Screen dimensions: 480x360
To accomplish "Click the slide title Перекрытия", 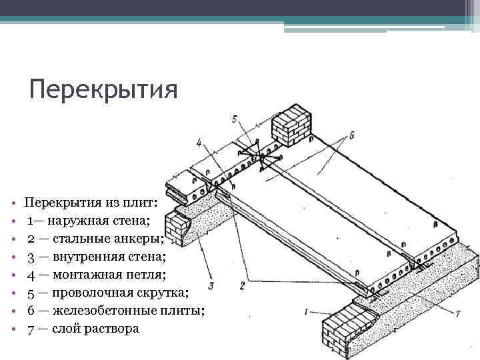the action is tap(103, 89).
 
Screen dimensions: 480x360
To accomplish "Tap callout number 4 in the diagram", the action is tap(199, 142).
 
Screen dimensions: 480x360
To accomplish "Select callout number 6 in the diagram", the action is tap(351, 135).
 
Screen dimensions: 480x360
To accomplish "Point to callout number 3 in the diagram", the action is tap(211, 287).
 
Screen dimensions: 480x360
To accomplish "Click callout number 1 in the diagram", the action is tap(306, 311).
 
